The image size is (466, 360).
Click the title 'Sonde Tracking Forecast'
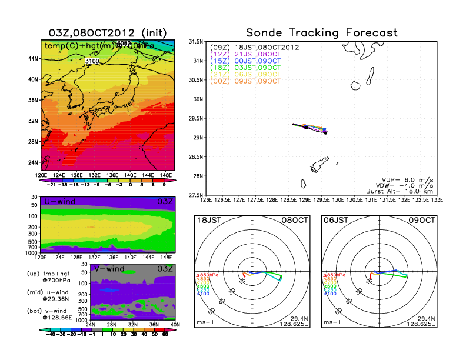321,33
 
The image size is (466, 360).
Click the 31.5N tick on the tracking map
195,42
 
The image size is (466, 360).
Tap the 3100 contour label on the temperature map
92,61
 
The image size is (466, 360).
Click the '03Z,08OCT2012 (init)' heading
107,32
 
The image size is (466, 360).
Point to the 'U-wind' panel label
59,202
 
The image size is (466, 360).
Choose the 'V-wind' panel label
109,269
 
